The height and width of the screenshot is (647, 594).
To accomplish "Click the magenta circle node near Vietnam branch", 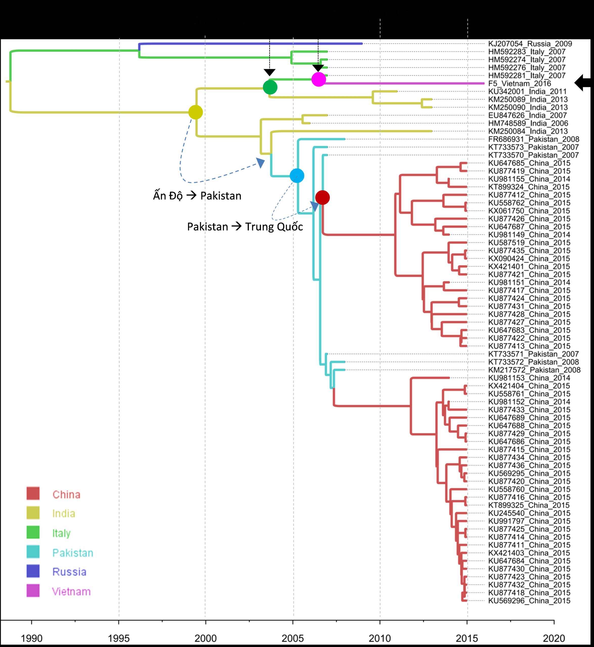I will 318,79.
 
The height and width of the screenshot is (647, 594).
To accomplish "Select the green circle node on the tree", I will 270,87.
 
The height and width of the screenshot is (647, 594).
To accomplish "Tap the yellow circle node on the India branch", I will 195,112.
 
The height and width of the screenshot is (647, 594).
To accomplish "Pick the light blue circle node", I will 297,175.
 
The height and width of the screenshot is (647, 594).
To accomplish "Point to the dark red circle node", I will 322,197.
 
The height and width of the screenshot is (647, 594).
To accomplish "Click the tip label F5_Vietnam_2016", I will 519,84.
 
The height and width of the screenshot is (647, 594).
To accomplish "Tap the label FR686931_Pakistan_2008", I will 534,139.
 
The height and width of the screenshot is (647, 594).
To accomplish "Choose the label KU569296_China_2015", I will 529,601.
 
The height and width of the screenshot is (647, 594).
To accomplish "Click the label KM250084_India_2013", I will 528,131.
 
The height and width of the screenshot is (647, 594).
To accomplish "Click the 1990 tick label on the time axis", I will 32,638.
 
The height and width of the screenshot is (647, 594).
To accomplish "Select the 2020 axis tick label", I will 554,638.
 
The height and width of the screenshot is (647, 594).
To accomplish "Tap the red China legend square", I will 33,493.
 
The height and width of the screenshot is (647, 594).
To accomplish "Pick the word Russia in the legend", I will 70,572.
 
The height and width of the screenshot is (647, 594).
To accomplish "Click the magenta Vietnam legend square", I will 33,591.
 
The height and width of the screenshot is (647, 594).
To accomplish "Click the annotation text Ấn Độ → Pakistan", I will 197,196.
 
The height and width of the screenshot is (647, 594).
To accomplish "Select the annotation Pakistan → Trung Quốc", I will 245,227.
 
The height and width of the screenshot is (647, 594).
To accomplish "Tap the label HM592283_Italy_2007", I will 527,52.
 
